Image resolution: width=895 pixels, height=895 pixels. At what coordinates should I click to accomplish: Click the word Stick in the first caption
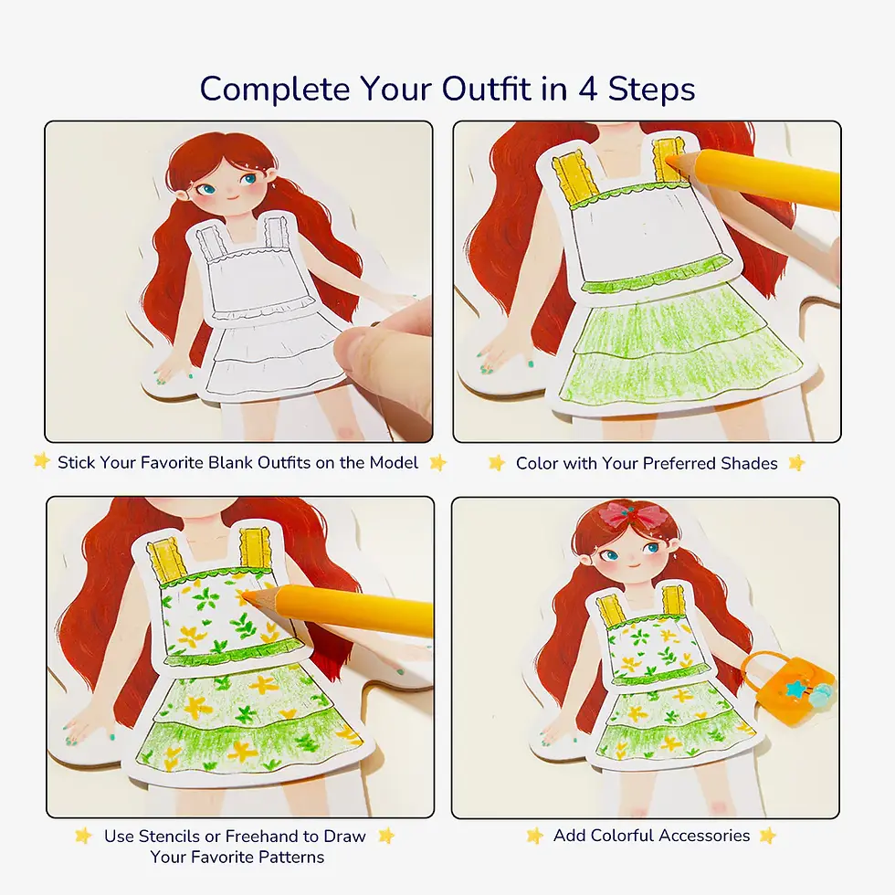(x=76, y=463)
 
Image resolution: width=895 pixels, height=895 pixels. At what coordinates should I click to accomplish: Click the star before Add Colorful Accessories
(x=535, y=836)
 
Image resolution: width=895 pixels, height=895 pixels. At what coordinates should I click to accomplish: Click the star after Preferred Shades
(x=797, y=463)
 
